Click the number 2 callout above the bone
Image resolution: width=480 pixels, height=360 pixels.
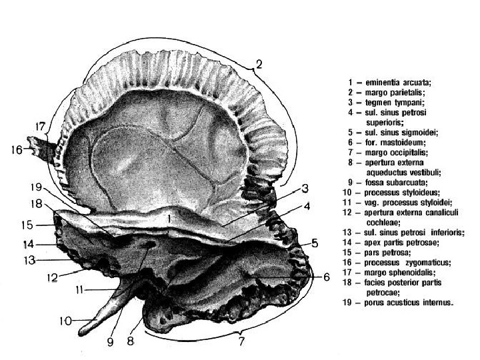(x=259, y=65)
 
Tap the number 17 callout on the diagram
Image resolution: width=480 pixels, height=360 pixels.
(x=41, y=126)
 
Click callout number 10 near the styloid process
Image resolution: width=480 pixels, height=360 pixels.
(x=65, y=321)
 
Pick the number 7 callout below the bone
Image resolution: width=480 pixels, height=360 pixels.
(x=242, y=341)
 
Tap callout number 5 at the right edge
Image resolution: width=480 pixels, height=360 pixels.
(x=314, y=243)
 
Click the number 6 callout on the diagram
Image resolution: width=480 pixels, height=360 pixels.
(x=326, y=276)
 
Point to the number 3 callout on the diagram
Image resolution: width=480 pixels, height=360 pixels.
(x=304, y=188)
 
